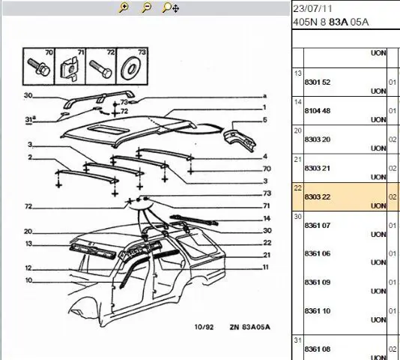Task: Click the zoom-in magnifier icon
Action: [x=124, y=7]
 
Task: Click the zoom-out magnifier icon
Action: [x=146, y=7]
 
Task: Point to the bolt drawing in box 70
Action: [x=38, y=67]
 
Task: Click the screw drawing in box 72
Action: [x=100, y=68]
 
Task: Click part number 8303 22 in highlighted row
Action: [x=318, y=196]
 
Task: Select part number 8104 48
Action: [x=318, y=111]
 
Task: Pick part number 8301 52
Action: [x=318, y=82]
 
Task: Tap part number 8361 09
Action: [x=318, y=282]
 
